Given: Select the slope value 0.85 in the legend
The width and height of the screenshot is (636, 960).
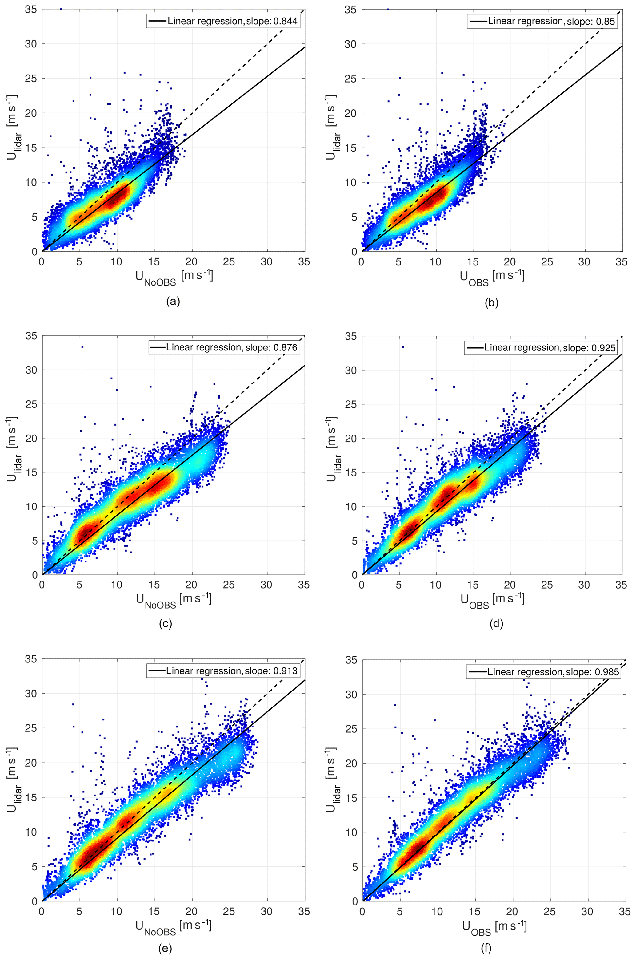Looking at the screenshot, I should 606,21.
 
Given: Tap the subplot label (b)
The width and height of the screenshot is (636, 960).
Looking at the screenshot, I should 492,302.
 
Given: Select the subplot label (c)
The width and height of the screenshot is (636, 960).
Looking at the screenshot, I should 166,623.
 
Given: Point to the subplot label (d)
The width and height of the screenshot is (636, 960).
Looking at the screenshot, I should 497,623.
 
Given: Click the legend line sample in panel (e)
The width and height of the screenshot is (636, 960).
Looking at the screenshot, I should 156,671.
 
